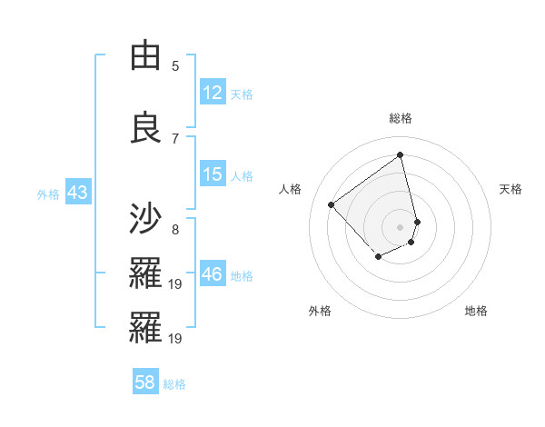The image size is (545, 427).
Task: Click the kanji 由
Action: point(145,56)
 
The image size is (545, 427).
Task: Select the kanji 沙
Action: point(145,219)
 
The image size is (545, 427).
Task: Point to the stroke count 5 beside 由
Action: point(175,65)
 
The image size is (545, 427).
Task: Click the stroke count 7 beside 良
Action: point(175,138)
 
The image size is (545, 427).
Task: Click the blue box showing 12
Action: point(213,93)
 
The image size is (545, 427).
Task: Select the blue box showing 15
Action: point(213,174)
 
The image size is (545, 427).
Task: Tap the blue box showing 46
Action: point(213,274)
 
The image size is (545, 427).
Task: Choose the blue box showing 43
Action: point(76,193)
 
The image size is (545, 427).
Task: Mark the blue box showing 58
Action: point(145,382)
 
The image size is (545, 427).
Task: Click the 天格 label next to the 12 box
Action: point(242,94)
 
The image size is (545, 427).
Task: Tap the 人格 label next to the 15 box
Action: point(242,176)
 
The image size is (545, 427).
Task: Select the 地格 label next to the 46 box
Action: point(242,276)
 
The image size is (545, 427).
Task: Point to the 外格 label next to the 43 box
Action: point(48,194)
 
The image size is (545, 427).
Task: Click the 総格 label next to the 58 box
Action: point(174,384)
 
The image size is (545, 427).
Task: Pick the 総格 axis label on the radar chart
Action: point(401,118)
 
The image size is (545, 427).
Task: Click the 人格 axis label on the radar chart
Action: point(291,189)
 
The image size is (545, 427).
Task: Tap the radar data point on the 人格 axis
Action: point(332,205)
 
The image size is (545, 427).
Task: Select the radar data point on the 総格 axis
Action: point(401,154)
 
